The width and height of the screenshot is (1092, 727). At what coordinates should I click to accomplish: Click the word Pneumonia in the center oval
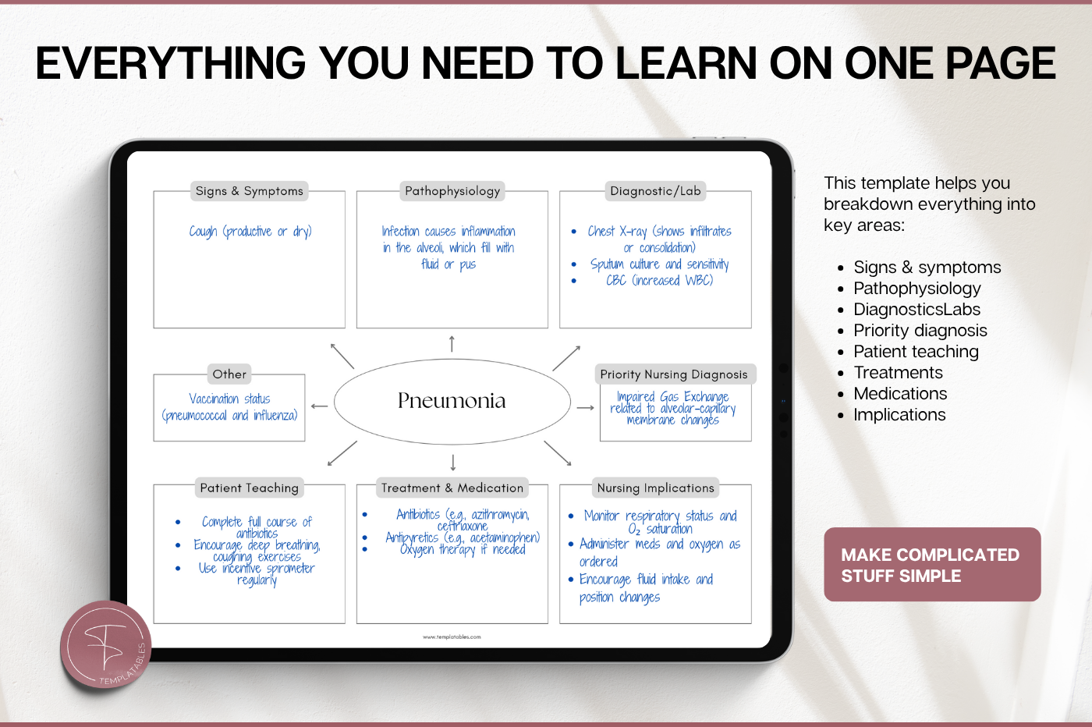coord(452,401)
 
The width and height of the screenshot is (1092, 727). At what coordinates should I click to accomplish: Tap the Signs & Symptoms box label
coord(249,191)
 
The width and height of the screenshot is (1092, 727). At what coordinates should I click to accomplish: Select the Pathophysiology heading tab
coord(452,191)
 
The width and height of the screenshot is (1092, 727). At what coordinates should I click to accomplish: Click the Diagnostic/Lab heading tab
coord(655,191)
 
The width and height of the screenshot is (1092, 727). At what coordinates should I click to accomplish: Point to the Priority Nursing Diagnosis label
coord(674,374)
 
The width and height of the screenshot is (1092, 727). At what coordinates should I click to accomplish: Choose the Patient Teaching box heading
coord(249,488)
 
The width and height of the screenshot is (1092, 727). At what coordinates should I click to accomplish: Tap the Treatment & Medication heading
coord(452,488)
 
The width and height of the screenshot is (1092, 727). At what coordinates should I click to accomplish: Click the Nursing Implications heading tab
coord(655,488)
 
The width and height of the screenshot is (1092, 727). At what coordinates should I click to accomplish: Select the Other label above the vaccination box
coord(229,374)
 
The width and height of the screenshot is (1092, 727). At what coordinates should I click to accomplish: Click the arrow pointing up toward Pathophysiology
coord(452,343)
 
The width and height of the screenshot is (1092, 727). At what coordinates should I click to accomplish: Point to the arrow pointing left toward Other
coord(319,406)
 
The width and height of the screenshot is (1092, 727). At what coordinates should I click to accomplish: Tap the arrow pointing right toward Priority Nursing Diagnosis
coord(586,408)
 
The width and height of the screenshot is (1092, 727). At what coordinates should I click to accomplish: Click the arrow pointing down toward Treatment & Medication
coord(453,463)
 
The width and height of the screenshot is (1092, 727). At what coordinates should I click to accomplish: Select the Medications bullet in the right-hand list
coord(900,393)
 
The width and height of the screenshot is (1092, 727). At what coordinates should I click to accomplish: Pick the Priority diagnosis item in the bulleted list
coord(920,331)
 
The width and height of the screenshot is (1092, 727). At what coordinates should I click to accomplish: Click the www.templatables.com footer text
coord(452,637)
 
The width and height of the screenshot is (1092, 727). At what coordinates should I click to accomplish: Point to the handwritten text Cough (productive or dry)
coord(250,231)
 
